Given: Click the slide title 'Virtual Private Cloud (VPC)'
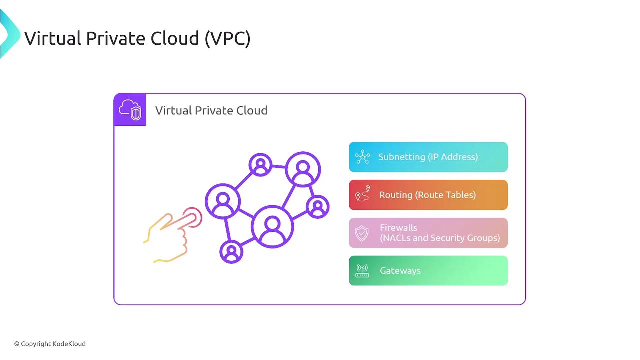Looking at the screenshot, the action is click(x=137, y=38).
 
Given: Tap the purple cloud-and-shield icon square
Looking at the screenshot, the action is click(x=130, y=109).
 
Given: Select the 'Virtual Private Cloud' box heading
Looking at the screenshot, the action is click(x=211, y=110).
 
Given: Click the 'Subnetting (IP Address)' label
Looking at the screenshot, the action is click(x=428, y=157).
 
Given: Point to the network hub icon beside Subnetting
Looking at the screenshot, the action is click(x=363, y=157).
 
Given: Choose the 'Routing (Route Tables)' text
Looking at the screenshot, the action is click(x=427, y=195).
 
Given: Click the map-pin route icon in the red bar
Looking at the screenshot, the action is click(x=363, y=193).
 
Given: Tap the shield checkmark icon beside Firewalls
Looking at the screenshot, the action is click(x=362, y=233).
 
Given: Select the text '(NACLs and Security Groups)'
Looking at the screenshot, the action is click(x=440, y=238).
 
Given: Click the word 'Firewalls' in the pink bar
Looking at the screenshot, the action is click(x=398, y=228).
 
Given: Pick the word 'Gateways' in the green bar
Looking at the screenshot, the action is click(x=400, y=271).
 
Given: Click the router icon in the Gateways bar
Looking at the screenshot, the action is click(x=362, y=271).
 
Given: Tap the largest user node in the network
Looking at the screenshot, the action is click(x=272, y=227).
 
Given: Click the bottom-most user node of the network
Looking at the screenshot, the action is click(x=231, y=252).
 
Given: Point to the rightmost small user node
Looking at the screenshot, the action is click(x=317, y=207).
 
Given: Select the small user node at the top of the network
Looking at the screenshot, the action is click(x=260, y=165).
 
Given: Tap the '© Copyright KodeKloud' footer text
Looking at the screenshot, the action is click(x=50, y=344).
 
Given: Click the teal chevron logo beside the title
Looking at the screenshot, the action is click(x=10, y=34).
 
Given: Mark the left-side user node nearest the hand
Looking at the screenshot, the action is click(x=223, y=201).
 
